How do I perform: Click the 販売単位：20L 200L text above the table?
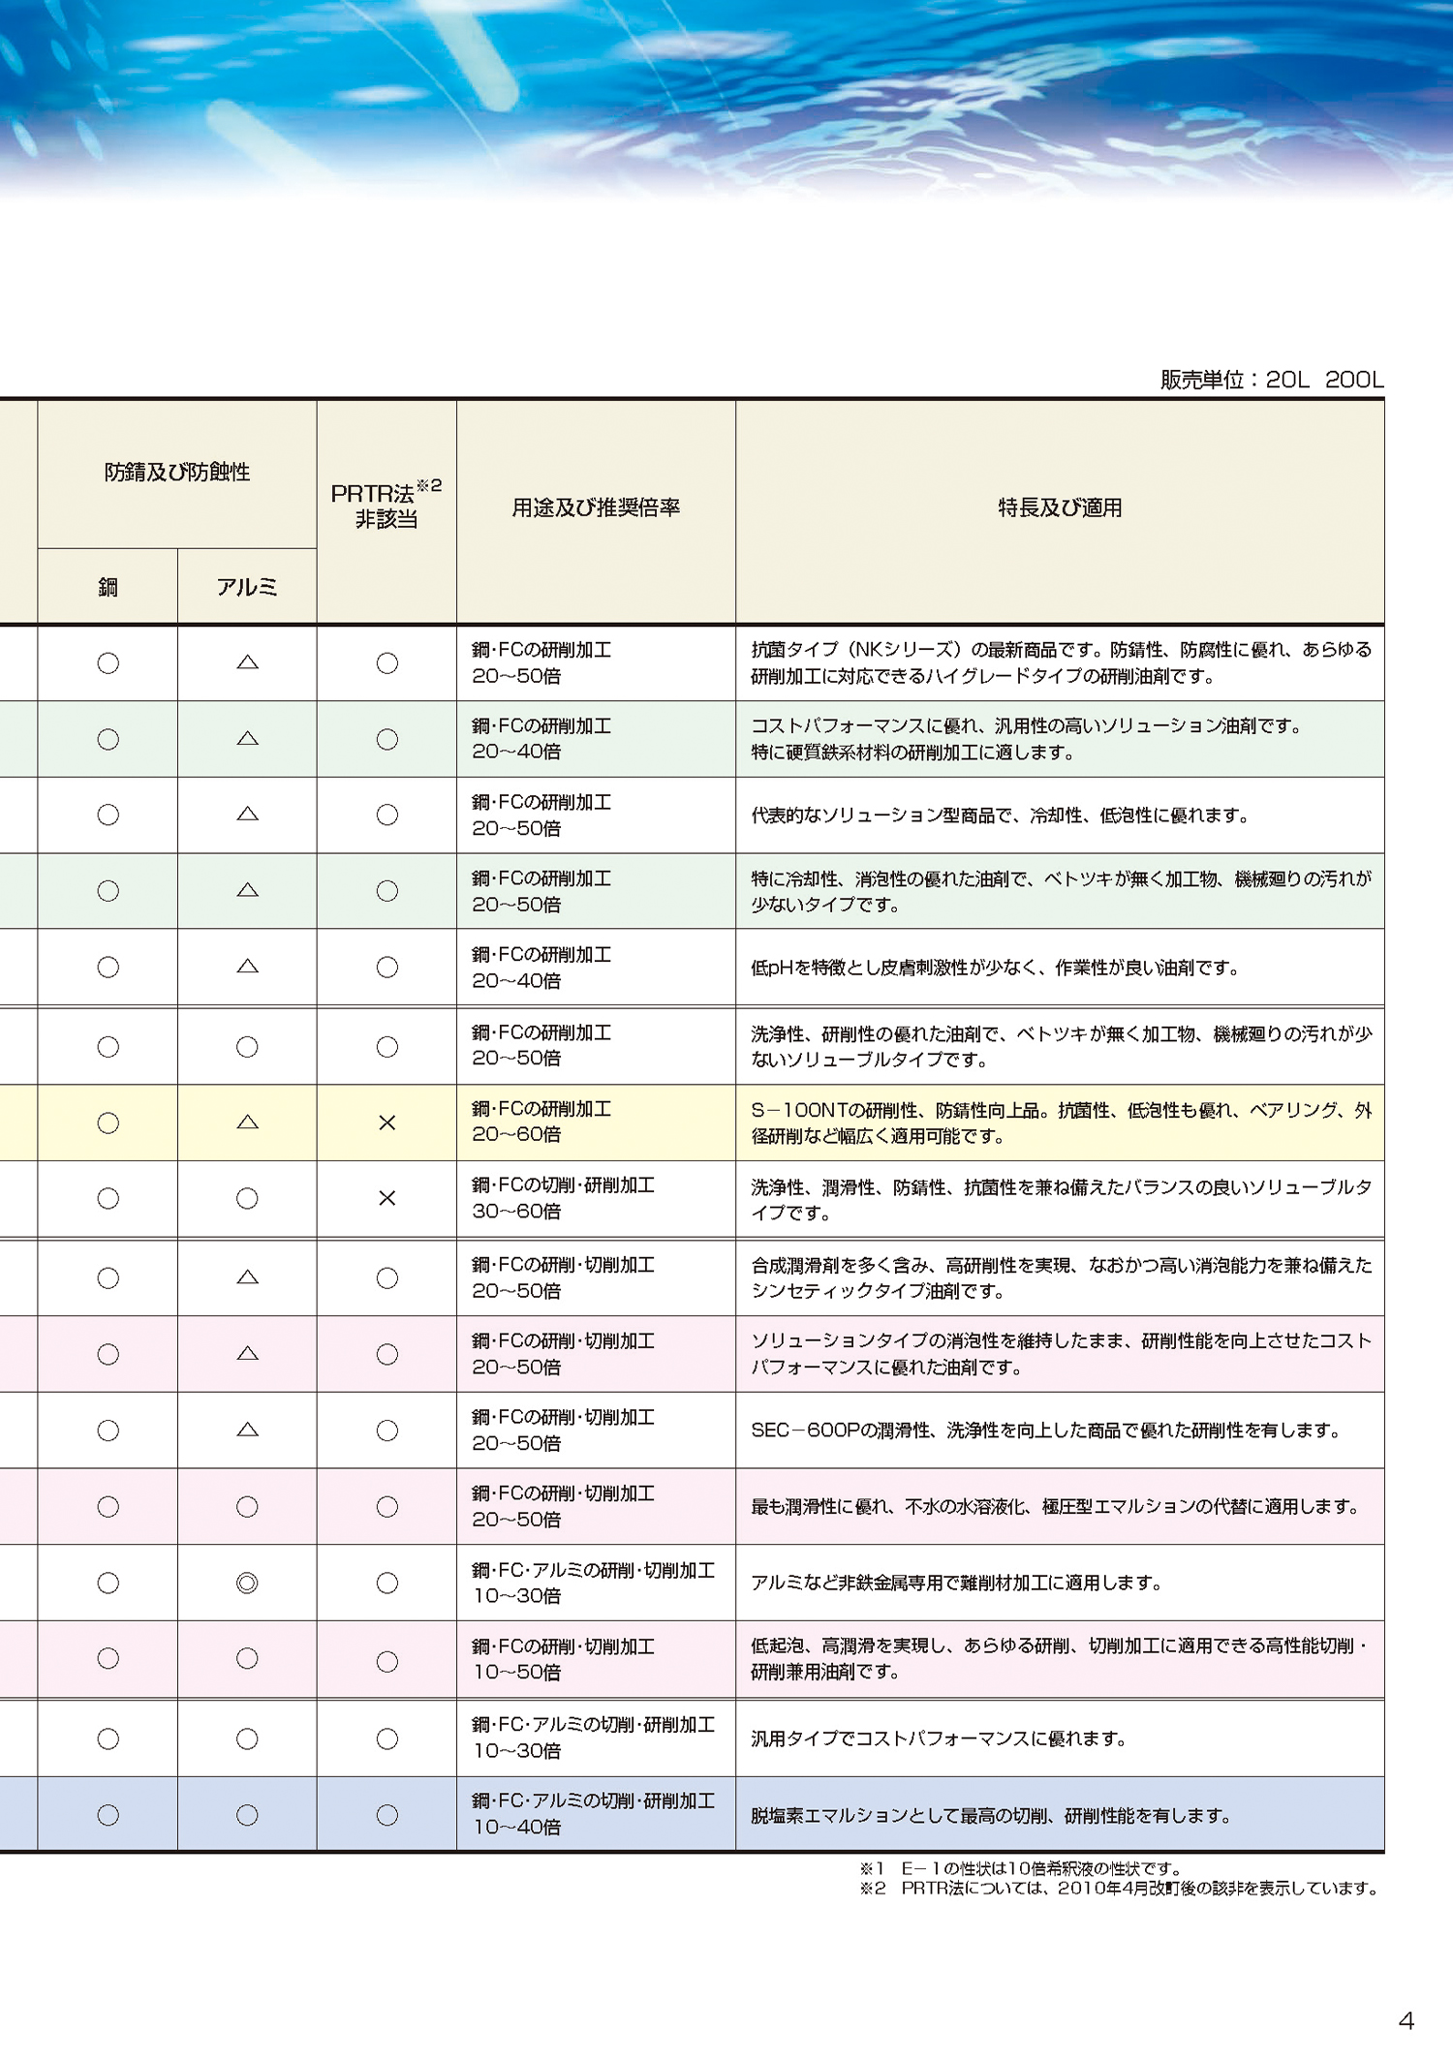click(x=1271, y=380)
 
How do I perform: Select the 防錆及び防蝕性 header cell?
click(x=177, y=473)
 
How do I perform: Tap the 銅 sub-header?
click(x=108, y=587)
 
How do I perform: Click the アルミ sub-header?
click(x=247, y=587)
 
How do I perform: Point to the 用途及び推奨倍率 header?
click(x=596, y=508)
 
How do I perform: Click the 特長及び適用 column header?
click(x=1060, y=508)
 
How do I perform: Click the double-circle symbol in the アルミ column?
click(x=247, y=1583)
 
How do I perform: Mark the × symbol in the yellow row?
click(x=386, y=1123)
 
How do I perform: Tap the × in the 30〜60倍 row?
click(x=386, y=1198)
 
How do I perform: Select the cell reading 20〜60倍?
click(x=516, y=1134)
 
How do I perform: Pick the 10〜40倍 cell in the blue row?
click(x=516, y=1827)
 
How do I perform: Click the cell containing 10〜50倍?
click(x=516, y=1672)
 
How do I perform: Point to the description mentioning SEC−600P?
click(x=1044, y=1430)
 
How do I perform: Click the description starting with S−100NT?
click(x=1060, y=1123)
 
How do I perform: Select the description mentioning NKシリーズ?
click(x=1060, y=662)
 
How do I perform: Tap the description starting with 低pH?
click(x=994, y=968)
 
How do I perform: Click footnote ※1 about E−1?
click(x=1020, y=1868)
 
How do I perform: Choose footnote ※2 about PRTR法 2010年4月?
click(x=1119, y=1888)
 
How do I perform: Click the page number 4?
click(x=1406, y=2020)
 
